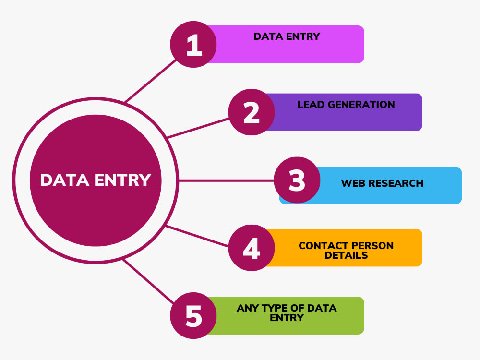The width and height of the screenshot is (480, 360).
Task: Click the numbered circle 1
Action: click(193, 44)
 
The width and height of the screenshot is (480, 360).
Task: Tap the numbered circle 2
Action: click(252, 112)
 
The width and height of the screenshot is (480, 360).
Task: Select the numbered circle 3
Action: click(297, 180)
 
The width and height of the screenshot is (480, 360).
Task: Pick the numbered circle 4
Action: click(252, 248)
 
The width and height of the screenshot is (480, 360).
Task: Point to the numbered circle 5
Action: click(193, 316)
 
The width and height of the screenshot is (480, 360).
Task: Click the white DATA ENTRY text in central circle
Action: click(96, 180)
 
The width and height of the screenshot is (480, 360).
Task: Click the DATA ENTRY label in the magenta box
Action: click(287, 36)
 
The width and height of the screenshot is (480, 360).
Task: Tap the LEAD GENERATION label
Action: click(346, 104)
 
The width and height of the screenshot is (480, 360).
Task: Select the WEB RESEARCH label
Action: click(383, 183)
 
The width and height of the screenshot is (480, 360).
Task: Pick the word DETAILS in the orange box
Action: click(346, 255)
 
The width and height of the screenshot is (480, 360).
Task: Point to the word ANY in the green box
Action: click(247, 308)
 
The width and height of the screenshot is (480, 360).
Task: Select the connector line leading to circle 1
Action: click(150, 81)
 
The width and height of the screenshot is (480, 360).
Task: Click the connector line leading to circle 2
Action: click(198, 128)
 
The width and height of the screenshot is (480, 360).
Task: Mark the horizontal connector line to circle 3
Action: click(226, 180)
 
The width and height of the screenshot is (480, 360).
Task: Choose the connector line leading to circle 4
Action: click(196, 236)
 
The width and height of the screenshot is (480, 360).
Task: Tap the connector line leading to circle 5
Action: click(148, 281)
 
